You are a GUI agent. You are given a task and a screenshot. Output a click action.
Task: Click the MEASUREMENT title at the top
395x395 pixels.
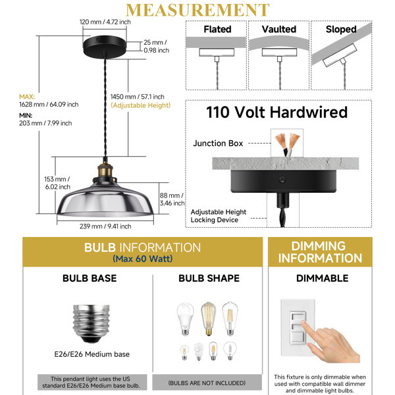coord(197,10)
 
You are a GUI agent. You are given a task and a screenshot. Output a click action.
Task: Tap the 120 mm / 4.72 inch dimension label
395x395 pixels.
coord(105,22)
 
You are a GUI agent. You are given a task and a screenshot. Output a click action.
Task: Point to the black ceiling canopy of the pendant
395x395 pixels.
coord(105,47)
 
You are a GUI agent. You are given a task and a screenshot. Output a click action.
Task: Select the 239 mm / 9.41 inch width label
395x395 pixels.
coord(105,226)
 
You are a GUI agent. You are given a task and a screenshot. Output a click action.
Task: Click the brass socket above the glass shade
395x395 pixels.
coord(105,170)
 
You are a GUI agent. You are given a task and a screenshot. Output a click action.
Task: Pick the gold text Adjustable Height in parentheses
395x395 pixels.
coord(141,105)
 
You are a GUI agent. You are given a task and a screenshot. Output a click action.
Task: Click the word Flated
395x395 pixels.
coord(217,29)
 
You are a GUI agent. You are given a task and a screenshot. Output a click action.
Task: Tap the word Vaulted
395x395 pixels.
coord(279,29)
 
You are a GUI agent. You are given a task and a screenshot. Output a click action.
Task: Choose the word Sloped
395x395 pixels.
coord(341,30)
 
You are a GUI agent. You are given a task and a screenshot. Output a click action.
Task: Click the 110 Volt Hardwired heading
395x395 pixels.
coord(277,112)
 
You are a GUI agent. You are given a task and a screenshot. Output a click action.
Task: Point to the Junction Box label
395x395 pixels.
coord(218,144)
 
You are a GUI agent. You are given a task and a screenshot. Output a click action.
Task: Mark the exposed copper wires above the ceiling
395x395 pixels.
coord(287,143)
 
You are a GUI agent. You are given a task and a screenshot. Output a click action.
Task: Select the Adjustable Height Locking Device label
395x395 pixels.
coord(219,216)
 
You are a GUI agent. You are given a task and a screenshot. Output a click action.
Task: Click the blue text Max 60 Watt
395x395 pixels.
coord(143,259)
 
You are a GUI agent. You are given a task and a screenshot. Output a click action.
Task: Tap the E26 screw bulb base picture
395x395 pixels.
coord(92,324)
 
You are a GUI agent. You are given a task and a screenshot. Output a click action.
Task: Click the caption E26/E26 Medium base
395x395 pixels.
coord(92,354)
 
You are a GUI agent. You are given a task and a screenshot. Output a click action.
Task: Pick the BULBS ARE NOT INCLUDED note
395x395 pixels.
coord(207,383)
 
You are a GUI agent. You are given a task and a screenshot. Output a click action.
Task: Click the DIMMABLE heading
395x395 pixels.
coord(322,278)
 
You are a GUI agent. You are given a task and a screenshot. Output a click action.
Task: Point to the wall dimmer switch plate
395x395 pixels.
coord(298,327)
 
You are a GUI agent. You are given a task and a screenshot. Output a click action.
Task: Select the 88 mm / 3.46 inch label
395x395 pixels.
coord(172,199)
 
